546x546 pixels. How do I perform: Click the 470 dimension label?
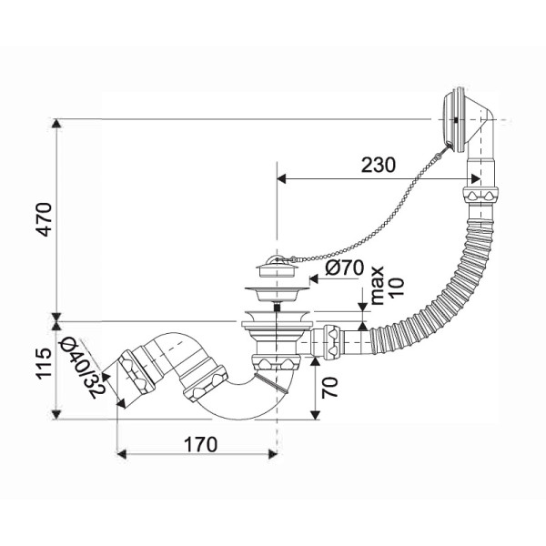click(x=45, y=219)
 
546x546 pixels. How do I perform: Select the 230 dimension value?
click(x=379, y=165)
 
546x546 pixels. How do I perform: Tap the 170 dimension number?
click(x=200, y=444)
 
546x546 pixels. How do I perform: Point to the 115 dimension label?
click(x=45, y=363)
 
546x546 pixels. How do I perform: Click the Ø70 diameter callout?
click(x=345, y=268)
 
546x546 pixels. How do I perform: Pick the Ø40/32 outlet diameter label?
click(x=83, y=369)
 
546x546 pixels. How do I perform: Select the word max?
click(x=377, y=286)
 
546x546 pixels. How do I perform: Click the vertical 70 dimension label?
click(x=329, y=388)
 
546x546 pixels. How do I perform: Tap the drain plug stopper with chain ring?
click(x=278, y=267)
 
